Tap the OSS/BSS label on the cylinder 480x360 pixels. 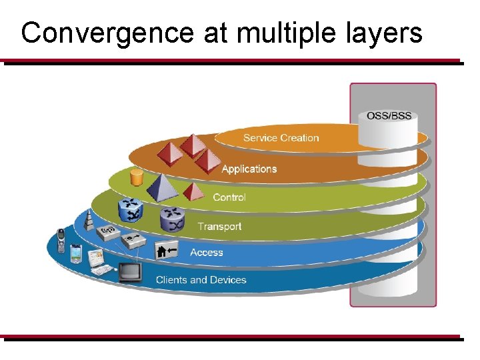(x=389, y=115)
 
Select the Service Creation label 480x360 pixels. (x=281, y=138)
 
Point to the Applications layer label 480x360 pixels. (x=249, y=169)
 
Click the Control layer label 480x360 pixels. (x=229, y=197)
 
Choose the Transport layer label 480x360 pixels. (x=219, y=227)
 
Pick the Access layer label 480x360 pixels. (x=207, y=253)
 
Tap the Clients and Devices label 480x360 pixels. (x=201, y=280)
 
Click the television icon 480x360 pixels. (x=129, y=272)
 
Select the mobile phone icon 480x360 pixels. (x=61, y=240)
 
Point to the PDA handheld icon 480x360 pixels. (x=76, y=254)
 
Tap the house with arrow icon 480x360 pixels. (x=166, y=251)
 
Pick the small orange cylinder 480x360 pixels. (x=137, y=177)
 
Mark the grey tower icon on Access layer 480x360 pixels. (x=90, y=221)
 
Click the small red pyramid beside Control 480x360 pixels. (x=194, y=192)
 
